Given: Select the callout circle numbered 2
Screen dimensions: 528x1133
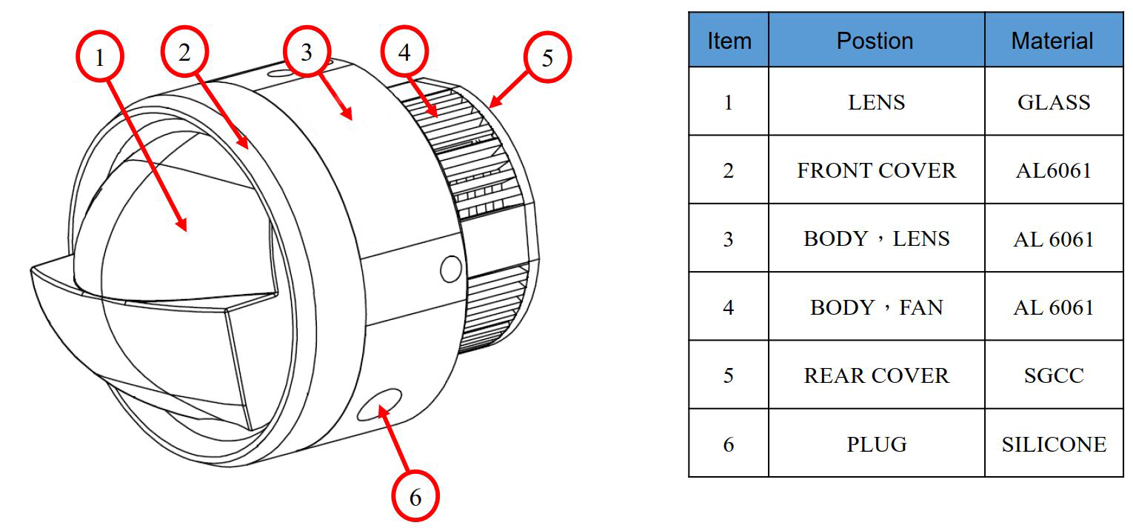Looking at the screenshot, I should [184, 51].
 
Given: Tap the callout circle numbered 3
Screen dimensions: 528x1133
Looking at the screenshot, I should [307, 53].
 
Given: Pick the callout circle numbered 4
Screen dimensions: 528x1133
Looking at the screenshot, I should [404, 51].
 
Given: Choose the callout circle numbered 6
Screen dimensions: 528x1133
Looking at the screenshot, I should [415, 497].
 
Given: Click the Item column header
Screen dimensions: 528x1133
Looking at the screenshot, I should [729, 40].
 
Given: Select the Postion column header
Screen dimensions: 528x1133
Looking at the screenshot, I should [875, 40].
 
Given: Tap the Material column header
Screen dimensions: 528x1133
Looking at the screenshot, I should [1052, 40].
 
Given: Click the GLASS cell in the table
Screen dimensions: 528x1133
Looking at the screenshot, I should [1053, 102].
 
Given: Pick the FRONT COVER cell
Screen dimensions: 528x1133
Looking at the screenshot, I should [876, 170].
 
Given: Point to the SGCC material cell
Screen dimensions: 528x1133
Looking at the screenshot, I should [1053, 375].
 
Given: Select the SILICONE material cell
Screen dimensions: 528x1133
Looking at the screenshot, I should [1053, 444].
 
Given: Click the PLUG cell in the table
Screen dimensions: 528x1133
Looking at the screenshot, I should [876, 444].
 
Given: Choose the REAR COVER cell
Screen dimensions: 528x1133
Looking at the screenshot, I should [876, 375].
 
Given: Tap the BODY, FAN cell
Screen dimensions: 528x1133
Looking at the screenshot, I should [876, 307].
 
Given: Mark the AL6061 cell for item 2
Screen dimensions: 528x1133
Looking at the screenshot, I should [1053, 170].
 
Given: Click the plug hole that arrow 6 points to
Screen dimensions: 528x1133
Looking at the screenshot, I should [378, 404].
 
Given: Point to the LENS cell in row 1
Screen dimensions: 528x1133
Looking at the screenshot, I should [876, 102].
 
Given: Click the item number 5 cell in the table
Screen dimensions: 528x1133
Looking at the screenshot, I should [729, 375].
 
